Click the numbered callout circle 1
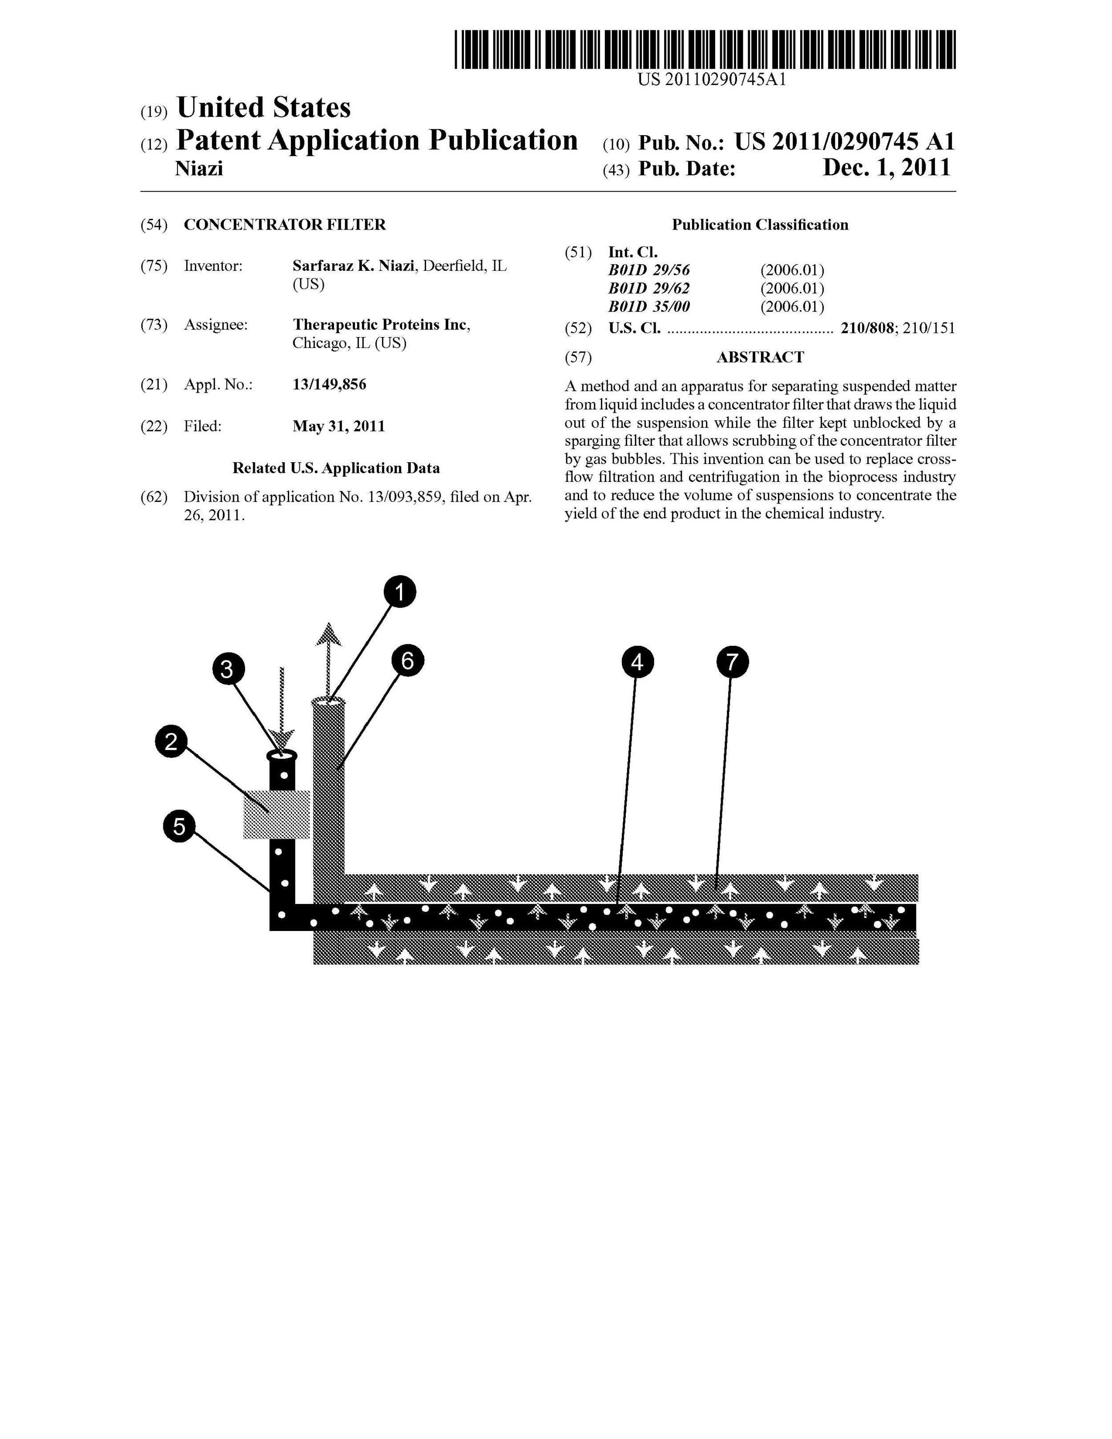pyautogui.click(x=400, y=592)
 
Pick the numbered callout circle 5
pyautogui.click(x=179, y=826)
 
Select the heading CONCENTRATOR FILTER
pyautogui.click(x=285, y=225)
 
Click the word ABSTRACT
pyautogui.click(x=760, y=357)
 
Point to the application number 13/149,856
pyautogui.click(x=330, y=384)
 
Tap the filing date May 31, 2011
pyautogui.click(x=338, y=426)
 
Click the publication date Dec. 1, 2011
pyautogui.click(x=886, y=168)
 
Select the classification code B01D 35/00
pyautogui.click(x=649, y=306)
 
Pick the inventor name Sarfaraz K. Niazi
pyautogui.click(x=354, y=266)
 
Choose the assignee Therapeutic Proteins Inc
pyautogui.click(x=381, y=325)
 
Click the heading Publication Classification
pyautogui.click(x=760, y=225)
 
